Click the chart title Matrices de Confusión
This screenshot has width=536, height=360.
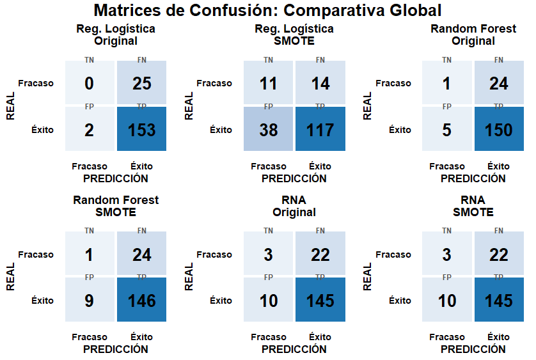click(267, 11)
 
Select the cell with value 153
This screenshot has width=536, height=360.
click(141, 130)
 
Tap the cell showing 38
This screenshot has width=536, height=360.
click(268, 130)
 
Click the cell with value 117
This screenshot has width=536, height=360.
click(320, 130)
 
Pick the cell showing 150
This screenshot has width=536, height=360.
click(498, 130)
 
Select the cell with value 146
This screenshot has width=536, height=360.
click(141, 301)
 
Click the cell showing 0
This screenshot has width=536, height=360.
click(89, 83)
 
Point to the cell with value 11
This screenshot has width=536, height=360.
click(268, 83)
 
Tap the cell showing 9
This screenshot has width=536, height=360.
click(89, 301)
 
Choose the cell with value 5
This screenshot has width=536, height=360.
click(446, 130)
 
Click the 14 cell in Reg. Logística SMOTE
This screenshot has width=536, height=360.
click(320, 83)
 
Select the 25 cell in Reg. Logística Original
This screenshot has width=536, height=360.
click(141, 83)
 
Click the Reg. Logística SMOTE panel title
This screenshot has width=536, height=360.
click(294, 35)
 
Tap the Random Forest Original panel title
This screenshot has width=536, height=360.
click(473, 35)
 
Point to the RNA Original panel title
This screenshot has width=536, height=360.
click(294, 206)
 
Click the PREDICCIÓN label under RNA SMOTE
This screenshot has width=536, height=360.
click(473, 349)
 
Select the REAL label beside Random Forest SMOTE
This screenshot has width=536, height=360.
click(10, 277)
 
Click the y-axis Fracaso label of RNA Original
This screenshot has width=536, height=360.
click(214, 254)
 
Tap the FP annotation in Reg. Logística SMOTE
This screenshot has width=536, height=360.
click(268, 106)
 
